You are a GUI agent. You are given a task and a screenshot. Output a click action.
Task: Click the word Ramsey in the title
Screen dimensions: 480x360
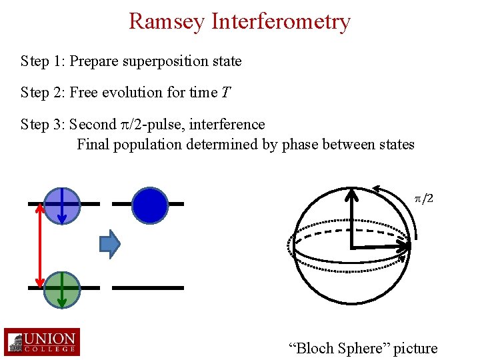point(167,21)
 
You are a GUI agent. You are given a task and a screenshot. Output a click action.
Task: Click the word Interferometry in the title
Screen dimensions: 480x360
point(281,21)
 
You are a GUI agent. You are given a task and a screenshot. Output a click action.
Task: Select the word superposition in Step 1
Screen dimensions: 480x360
point(169,61)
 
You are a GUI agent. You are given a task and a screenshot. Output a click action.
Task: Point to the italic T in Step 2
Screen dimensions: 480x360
point(226,93)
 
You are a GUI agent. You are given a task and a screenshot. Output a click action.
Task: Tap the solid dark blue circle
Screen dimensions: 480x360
point(149,205)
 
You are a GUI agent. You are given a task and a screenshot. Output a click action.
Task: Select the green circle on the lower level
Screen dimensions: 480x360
point(62,288)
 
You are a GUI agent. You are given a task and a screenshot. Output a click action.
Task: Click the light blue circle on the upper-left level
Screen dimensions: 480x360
point(62,205)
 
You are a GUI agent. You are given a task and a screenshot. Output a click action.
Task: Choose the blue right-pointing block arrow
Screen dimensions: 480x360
point(109,244)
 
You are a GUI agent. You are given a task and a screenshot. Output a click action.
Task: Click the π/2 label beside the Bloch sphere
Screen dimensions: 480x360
point(424,199)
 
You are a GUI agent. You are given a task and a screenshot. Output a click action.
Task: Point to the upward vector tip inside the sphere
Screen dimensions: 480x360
point(352,193)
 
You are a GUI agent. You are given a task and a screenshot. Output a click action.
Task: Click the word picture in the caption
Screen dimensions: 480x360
point(415,348)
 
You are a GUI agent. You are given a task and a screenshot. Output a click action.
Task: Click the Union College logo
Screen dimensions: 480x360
point(41,342)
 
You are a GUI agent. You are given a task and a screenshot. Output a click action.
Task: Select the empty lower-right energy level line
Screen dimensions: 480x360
point(147,287)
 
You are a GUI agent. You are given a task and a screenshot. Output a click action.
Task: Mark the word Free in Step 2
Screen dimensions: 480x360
point(83,93)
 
